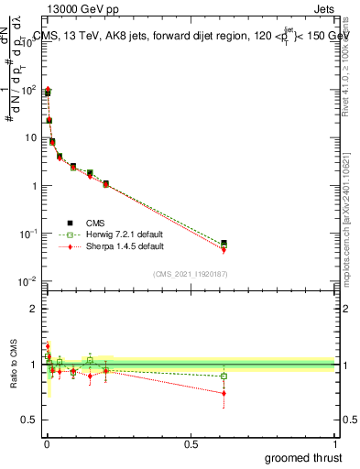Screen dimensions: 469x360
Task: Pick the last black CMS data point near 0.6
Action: click(224, 243)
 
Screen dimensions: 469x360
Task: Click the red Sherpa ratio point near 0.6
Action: click(224, 393)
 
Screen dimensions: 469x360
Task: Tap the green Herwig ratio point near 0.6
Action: click(224, 376)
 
